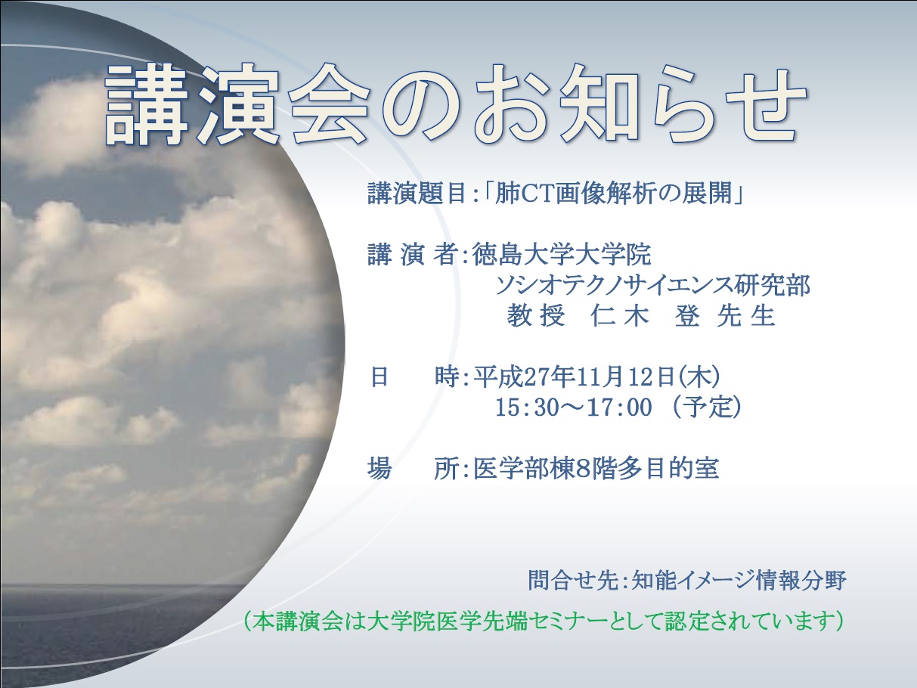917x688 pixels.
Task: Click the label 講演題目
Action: coord(417,194)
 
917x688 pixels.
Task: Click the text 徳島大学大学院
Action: coord(562,254)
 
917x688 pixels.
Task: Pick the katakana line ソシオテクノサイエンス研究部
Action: coord(652,285)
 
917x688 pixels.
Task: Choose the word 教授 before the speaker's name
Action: coord(536,315)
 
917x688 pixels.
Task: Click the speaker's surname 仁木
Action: coord(620,315)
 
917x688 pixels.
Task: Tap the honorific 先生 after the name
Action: coord(745,315)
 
